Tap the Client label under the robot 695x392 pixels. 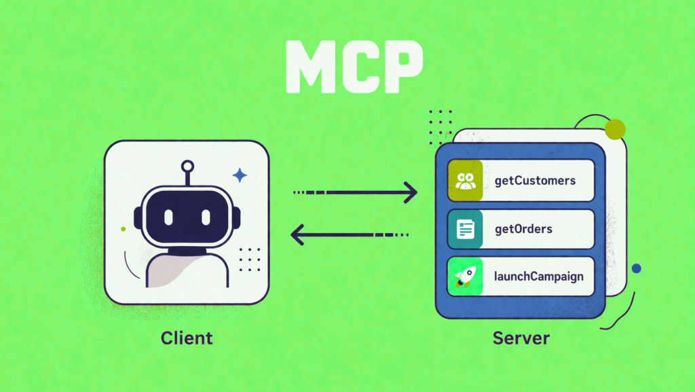[187, 338]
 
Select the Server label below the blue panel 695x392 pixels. [521, 338]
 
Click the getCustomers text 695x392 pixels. [535, 181]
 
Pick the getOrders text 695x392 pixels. [523, 229]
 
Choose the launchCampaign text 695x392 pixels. [539, 277]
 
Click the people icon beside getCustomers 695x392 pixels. [466, 181]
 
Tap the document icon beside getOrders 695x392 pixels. [466, 229]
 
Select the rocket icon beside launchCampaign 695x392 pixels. [466, 277]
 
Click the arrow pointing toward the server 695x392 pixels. [356, 193]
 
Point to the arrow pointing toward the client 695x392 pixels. [349, 236]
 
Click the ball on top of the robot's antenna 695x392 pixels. [187, 165]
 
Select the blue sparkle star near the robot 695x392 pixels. [240, 176]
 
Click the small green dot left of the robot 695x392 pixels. [123, 229]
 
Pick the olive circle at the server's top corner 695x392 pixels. [615, 128]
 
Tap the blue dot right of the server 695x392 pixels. [636, 268]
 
